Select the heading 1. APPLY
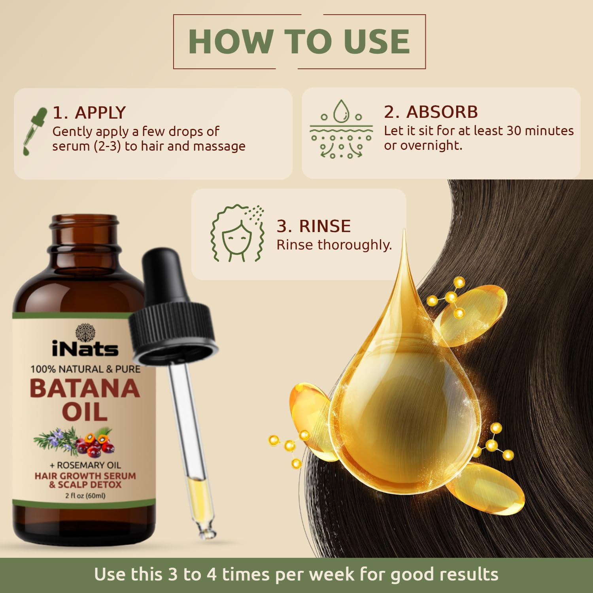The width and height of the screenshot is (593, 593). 89,113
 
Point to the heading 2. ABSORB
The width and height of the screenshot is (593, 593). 431,112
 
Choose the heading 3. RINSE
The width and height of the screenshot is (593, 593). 313,226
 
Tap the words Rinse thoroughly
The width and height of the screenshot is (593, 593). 334,245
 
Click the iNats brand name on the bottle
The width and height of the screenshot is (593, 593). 85,349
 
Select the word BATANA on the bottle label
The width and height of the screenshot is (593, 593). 85,389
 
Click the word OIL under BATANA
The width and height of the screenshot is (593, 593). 85,412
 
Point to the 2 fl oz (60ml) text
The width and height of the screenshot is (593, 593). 85,496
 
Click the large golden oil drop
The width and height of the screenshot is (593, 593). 403,407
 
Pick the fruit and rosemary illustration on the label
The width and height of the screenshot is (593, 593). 75,441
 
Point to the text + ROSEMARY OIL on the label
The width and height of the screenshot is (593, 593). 85,465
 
